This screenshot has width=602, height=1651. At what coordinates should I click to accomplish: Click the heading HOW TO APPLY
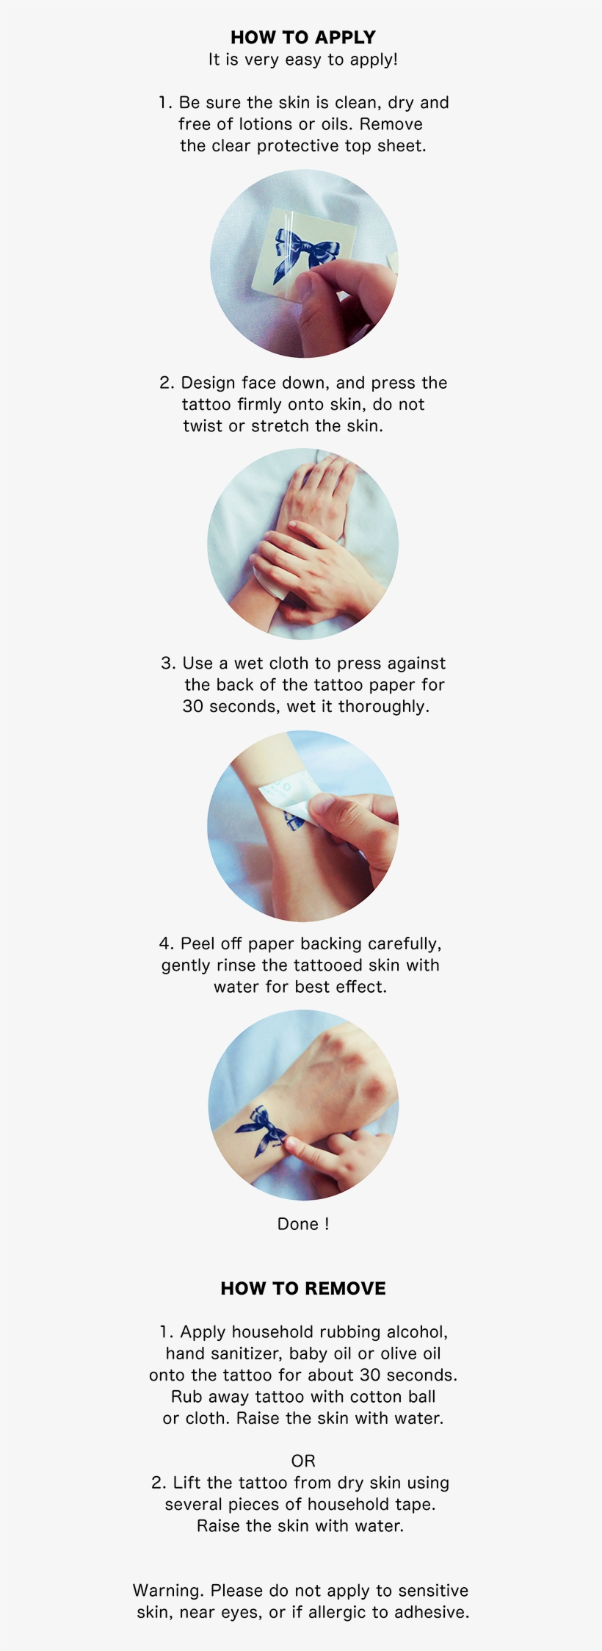302,37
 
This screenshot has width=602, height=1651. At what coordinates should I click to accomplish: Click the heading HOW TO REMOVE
302,1288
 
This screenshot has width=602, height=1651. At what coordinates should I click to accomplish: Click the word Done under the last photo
298,1223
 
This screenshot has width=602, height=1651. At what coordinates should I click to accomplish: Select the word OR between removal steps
302,1461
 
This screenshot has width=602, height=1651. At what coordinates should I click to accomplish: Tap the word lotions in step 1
265,124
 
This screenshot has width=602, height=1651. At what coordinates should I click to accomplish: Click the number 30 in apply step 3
193,706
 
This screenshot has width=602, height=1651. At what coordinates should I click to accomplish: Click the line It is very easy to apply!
302,60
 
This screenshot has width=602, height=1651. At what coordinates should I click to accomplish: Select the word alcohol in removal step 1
417,1332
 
